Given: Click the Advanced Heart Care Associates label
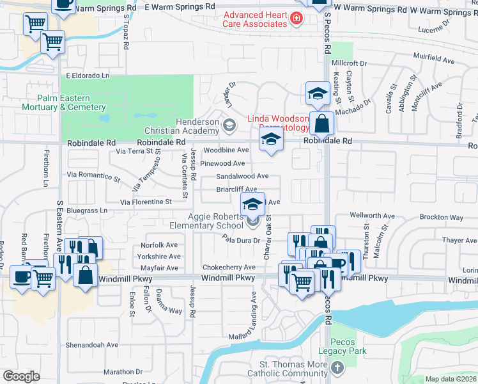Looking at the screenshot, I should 254,19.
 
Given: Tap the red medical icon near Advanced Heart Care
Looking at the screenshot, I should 296,19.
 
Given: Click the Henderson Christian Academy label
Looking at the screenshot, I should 198,126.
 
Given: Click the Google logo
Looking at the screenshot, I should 22,376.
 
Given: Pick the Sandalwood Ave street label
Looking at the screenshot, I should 242,176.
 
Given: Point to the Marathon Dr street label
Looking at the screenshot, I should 122,371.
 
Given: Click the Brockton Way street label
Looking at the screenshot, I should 442,218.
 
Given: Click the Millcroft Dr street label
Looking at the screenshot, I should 349,63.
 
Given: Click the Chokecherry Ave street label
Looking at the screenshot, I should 228,267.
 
